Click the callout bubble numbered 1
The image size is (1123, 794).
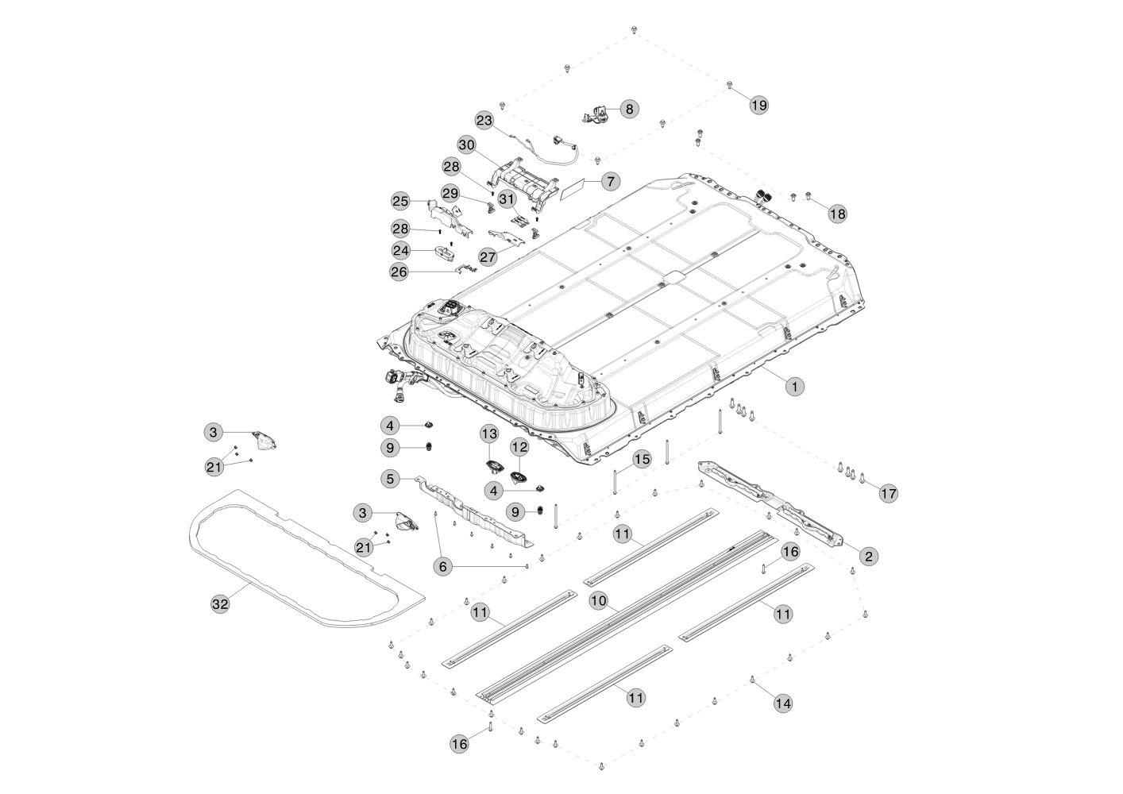click(795, 387)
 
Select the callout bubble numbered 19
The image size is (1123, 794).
click(759, 106)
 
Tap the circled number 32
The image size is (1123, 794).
click(220, 604)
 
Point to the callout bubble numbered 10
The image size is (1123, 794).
click(599, 600)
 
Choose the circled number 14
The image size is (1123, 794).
click(783, 703)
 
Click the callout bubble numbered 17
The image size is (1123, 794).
click(889, 494)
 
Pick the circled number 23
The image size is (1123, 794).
click(484, 121)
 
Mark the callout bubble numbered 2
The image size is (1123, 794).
click(869, 557)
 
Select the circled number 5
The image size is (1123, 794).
click(391, 479)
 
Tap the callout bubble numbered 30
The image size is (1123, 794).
click(467, 145)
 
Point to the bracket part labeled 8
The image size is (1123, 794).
click(597, 115)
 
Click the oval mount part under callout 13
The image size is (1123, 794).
click(493, 466)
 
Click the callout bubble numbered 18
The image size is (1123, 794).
click(837, 214)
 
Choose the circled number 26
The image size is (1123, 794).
click(399, 272)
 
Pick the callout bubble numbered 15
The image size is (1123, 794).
click(643, 459)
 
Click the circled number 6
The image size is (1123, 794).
click(442, 567)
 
